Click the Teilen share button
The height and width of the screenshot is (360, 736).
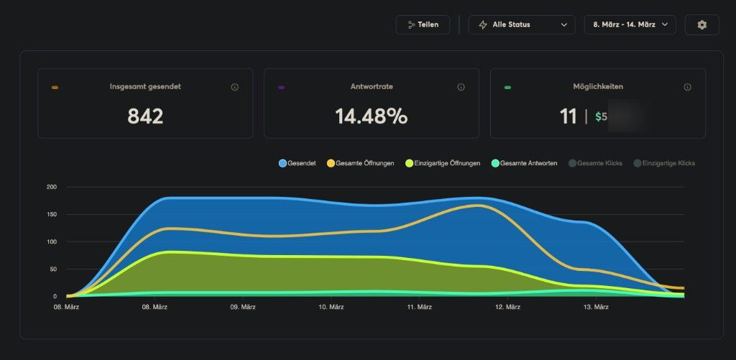point(423,24)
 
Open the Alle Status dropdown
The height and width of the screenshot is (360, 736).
point(522,24)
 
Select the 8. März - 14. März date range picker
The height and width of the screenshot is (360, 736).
point(630,24)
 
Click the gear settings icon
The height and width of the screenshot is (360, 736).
point(702,24)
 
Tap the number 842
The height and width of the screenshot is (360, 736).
point(145,116)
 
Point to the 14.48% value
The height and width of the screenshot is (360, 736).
point(371,116)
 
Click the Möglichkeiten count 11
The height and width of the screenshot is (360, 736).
point(569,116)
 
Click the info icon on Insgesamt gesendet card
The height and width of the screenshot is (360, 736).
point(234,87)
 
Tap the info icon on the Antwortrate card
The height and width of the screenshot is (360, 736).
point(461,87)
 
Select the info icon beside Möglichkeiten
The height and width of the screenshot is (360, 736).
point(687,87)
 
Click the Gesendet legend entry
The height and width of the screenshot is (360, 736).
point(297,163)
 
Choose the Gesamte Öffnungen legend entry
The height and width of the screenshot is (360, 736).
point(360,163)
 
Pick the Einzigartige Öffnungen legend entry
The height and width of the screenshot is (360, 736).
point(443,163)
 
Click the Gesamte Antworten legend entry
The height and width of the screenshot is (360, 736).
point(523,163)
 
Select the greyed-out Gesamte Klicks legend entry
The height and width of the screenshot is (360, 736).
point(595,163)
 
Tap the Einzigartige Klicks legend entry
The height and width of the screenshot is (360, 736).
point(664,163)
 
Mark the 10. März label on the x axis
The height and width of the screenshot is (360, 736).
point(332,308)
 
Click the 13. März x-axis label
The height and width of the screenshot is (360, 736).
point(596,308)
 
